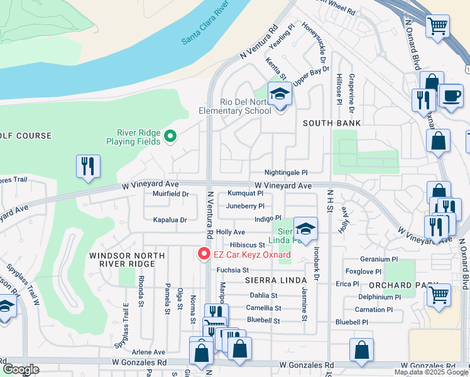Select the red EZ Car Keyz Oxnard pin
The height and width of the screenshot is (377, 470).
[204, 254]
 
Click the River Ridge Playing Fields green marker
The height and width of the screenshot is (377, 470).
[170, 135]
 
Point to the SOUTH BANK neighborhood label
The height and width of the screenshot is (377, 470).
[332, 123]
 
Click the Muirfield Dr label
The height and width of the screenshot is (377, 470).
[171, 194]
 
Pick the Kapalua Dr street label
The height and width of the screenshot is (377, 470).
[170, 220]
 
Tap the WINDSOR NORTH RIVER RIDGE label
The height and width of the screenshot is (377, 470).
[121, 260]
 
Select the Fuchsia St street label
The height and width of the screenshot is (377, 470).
[233, 270]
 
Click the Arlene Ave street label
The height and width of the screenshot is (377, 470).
[148, 352]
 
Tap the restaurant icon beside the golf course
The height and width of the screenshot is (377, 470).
[88, 167]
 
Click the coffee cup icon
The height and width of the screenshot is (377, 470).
[451, 96]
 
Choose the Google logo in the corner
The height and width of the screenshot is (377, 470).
[21, 369]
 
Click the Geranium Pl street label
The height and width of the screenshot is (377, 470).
[380, 259]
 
